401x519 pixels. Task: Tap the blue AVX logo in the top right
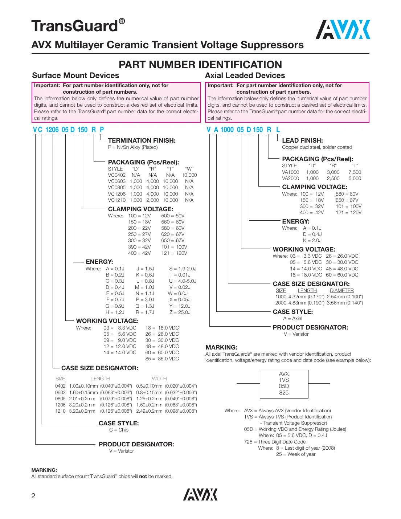click(x=343, y=30)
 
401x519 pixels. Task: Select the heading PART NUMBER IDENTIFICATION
click(x=200, y=65)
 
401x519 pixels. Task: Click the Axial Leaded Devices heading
click(x=245, y=75)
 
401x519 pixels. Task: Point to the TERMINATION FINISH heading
click(x=142, y=140)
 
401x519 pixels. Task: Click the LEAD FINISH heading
click(x=302, y=140)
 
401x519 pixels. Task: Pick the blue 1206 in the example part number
click(x=52, y=130)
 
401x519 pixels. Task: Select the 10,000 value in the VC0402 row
click(x=189, y=175)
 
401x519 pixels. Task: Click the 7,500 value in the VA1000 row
click(x=355, y=172)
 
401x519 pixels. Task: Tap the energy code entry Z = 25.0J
click(x=180, y=312)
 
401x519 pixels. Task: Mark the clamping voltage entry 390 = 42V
click(x=139, y=247)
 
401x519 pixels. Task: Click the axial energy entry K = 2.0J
click(x=312, y=240)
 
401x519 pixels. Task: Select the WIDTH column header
click(x=159, y=379)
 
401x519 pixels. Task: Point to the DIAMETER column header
click(x=341, y=290)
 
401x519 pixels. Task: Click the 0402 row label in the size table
click(x=60, y=386)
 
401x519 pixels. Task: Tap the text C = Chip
click(x=119, y=430)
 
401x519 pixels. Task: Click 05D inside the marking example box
click(x=284, y=386)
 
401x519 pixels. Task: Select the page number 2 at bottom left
click(x=33, y=496)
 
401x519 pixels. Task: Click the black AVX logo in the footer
click(x=200, y=494)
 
